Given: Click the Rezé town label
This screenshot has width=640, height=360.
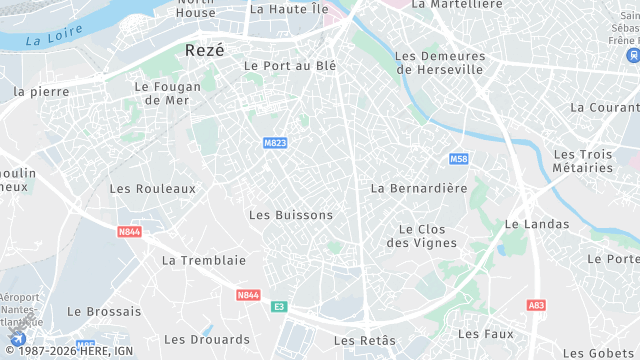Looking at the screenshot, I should [205, 49].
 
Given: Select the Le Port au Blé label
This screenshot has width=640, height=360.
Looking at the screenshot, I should [290, 66].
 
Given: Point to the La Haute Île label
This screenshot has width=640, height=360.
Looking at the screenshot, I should [289, 9].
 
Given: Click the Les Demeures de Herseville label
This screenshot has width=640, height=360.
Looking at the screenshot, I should [439, 63].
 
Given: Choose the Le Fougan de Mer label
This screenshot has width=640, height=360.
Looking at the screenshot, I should [161, 93].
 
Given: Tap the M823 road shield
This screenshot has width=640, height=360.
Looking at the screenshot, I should [275, 143].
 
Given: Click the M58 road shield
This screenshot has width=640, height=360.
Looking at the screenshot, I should [458, 159].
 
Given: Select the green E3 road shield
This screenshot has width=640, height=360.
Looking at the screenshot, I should [279, 306].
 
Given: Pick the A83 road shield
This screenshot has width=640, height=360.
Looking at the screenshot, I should [537, 305].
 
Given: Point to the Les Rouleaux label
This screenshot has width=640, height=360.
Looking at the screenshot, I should [153, 188].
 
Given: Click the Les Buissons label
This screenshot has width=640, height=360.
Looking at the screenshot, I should [290, 215].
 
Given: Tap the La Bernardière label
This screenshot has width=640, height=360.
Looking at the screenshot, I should [419, 188].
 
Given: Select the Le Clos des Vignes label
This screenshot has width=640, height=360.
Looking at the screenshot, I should [421, 235].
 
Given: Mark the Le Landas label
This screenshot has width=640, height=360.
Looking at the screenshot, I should [537, 224].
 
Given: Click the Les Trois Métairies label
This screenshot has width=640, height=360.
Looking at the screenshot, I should [583, 160].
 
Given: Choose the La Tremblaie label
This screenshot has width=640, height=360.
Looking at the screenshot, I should [203, 260].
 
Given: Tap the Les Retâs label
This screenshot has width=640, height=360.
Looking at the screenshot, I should [365, 340].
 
